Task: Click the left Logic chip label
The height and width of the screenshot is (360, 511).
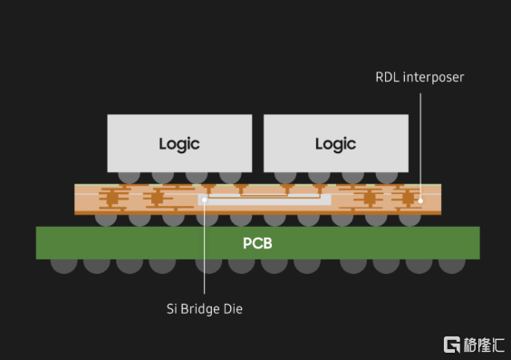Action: (179, 144)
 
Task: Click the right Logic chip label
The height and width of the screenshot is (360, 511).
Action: (335, 144)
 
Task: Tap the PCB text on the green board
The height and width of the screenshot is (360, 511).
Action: (257, 243)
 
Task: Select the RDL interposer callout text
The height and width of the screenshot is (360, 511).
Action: (419, 78)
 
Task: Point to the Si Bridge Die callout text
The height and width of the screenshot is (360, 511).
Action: (205, 309)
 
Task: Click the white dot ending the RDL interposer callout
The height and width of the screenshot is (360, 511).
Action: (420, 201)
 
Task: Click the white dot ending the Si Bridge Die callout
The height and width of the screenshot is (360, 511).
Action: (205, 199)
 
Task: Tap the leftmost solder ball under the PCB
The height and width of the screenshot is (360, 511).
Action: (63, 266)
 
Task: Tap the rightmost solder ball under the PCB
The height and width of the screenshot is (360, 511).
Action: (452, 266)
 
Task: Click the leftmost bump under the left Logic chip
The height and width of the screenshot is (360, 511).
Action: (129, 178)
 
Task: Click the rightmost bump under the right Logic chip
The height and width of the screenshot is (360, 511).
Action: (387, 178)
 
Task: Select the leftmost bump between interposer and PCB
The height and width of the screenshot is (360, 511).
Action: (106, 220)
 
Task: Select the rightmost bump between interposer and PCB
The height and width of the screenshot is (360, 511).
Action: (410, 220)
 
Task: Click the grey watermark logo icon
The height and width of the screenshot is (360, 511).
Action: (452, 345)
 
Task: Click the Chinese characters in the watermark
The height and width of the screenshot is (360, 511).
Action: (484, 345)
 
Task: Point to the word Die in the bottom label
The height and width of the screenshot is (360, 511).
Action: (233, 309)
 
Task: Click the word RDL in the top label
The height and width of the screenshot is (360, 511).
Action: (388, 77)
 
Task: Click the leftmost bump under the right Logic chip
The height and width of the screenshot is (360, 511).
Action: (285, 178)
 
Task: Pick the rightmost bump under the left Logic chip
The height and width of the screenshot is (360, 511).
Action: (230, 178)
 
